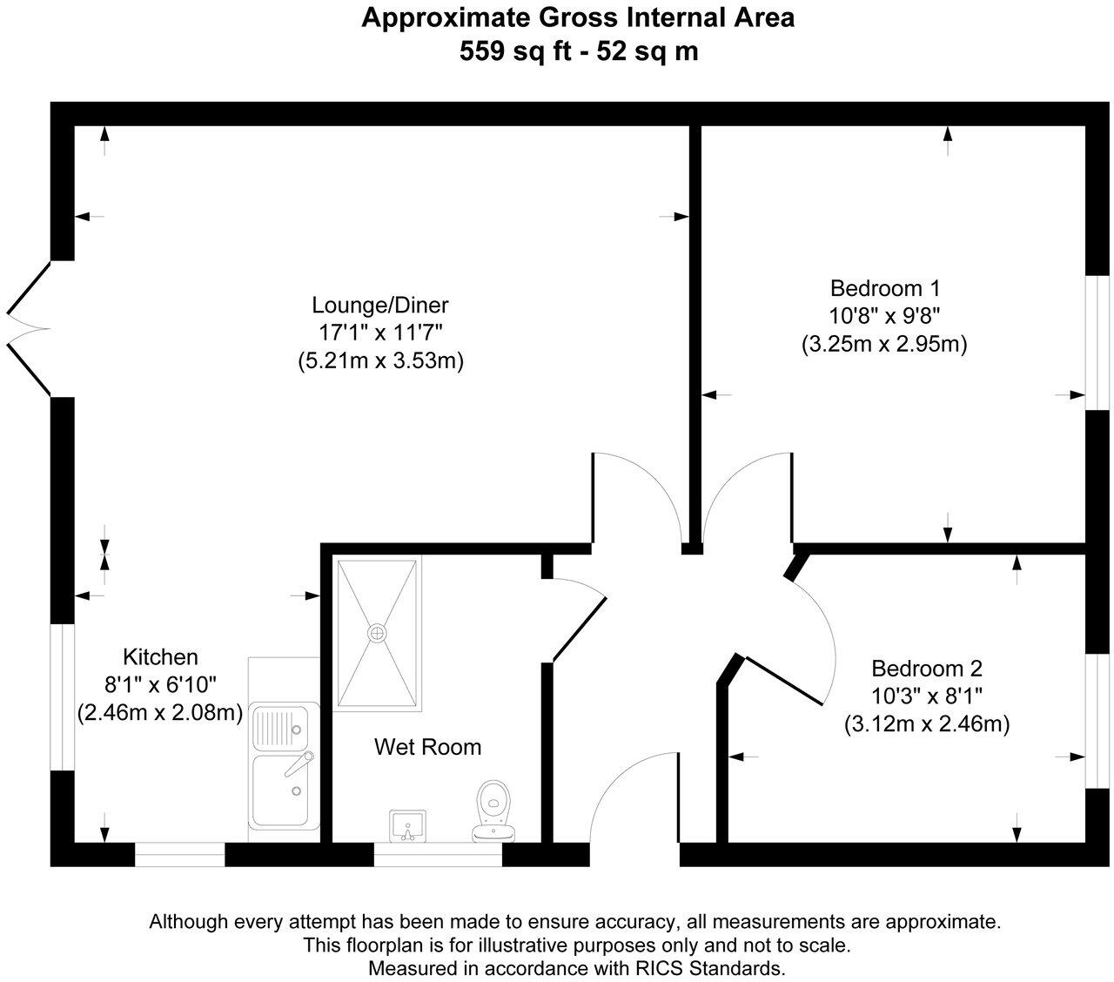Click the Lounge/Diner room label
380,306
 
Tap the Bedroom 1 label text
884,288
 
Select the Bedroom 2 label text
926,669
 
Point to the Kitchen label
160,656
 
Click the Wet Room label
427,747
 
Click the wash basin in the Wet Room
406,824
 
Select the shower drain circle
378,632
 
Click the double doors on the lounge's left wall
28,329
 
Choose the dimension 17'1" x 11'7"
380,333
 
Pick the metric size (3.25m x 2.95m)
884,344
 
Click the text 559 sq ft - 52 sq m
579,51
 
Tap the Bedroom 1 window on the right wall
1101,343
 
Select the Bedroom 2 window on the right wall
1101,720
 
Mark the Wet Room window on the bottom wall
438,855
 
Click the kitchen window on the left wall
63,696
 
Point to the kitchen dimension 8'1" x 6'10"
160,684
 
